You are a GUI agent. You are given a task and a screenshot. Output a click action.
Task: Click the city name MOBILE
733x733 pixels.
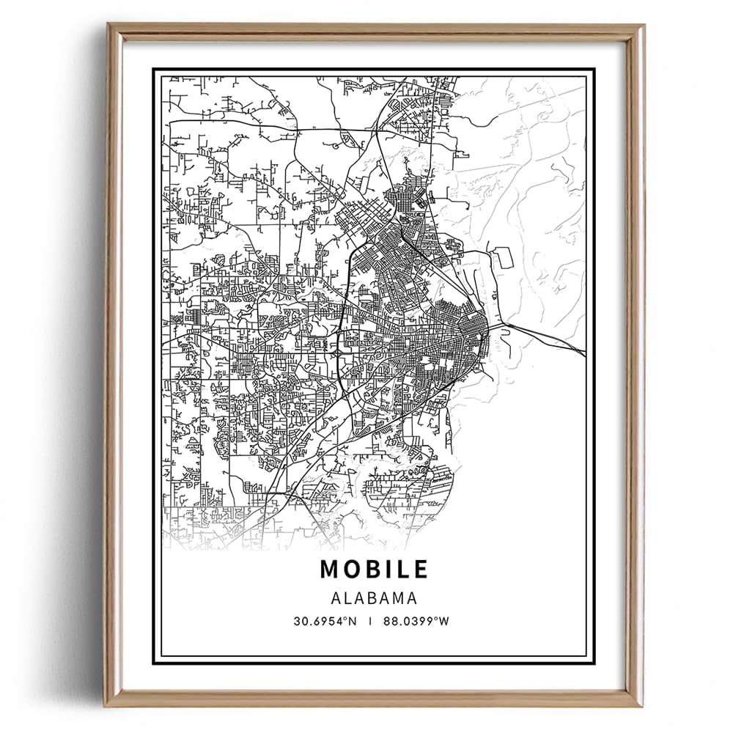click(373, 570)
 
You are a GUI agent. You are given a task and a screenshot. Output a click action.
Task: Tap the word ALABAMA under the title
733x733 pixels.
click(373, 598)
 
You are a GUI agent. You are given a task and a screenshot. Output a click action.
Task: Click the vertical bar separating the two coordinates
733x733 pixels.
click(371, 622)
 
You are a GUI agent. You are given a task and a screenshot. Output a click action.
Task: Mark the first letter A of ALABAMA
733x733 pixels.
click(336, 598)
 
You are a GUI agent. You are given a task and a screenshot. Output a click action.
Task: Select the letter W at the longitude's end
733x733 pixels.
click(443, 622)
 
